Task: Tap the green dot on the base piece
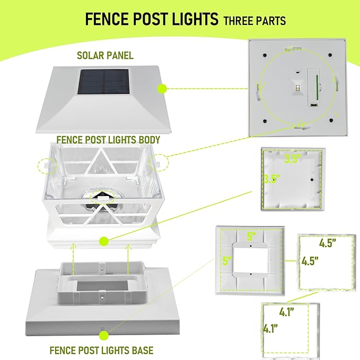[x=102, y=335]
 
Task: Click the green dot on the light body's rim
[x=103, y=242]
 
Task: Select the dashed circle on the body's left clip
[x=45, y=164]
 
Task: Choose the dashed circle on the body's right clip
[x=157, y=162]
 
